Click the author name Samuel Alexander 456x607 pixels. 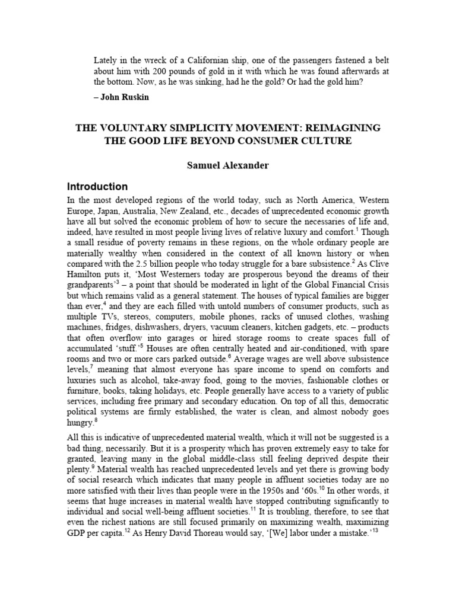coord(227,166)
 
